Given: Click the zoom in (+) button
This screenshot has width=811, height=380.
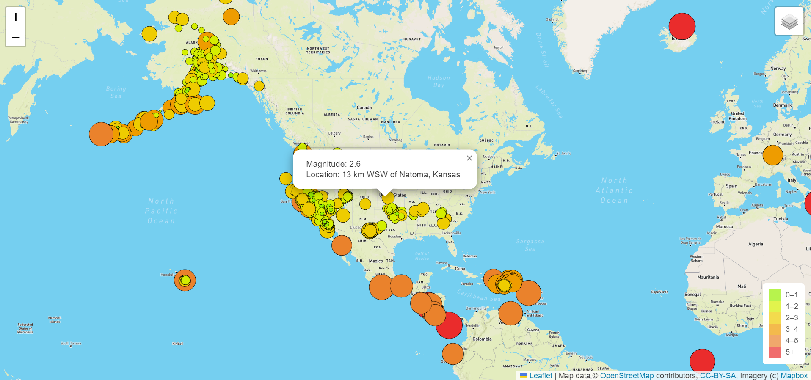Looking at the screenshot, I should pyautogui.click(x=16, y=17).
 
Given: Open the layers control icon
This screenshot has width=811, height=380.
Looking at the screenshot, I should pyautogui.click(x=789, y=21).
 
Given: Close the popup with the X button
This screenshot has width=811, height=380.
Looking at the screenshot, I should pyautogui.click(x=469, y=158).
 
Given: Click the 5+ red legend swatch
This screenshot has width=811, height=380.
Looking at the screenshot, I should pyautogui.click(x=775, y=352).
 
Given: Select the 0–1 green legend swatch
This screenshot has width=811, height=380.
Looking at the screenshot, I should pyautogui.click(x=775, y=295).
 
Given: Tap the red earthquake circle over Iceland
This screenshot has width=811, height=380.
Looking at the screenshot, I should pyautogui.click(x=682, y=26).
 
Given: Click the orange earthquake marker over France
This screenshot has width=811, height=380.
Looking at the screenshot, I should pyautogui.click(x=772, y=155).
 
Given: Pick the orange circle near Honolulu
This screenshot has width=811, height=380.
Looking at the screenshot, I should pyautogui.click(x=185, y=280).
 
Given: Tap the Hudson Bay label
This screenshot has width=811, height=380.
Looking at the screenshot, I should pyautogui.click(x=439, y=81).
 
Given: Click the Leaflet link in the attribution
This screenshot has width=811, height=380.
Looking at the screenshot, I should pyautogui.click(x=541, y=376).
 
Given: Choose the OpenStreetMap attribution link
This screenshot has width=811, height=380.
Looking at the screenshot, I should pyautogui.click(x=627, y=376).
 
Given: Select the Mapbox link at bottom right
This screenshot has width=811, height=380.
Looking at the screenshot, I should pyautogui.click(x=794, y=376).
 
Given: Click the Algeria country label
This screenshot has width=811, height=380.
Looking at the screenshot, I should pyautogui.click(x=756, y=244).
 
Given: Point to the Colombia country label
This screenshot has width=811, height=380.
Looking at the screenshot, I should pyautogui.click(x=482, y=339).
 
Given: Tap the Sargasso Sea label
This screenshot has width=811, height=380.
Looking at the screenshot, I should pyautogui.click(x=530, y=245).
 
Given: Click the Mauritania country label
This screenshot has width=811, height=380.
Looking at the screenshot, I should pyautogui.click(x=708, y=278).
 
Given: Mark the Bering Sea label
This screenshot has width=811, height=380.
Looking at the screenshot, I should pyautogui.click(x=116, y=92).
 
